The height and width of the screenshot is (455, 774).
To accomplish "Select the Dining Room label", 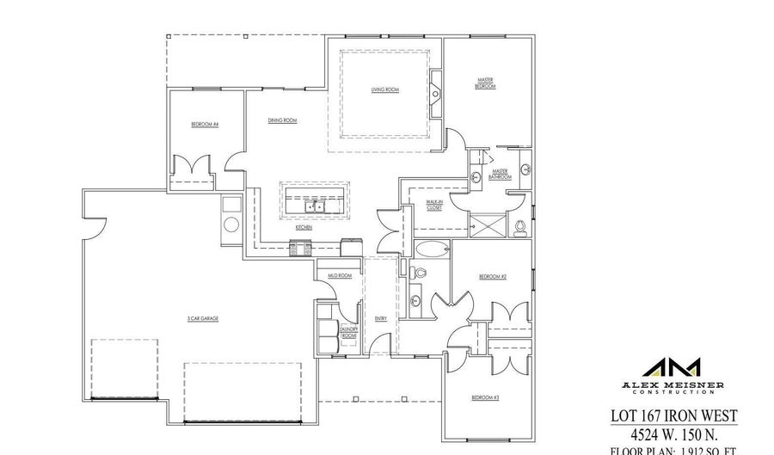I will [282, 121].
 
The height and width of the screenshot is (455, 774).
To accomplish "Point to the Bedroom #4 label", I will [205, 125].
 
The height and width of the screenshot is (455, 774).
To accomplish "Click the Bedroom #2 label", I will [493, 276].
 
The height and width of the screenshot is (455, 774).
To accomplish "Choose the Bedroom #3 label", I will [486, 397].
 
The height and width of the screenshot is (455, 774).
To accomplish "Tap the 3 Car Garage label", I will [203, 318].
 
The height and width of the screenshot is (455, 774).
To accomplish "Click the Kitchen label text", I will [304, 228].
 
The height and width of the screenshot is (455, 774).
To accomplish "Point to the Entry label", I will [381, 318].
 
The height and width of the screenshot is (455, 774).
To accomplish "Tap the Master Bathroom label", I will [502, 174].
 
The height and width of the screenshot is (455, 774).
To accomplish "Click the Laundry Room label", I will [347, 332].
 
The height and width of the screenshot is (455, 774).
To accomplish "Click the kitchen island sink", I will [315, 206].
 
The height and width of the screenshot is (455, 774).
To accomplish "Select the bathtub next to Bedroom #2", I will [431, 251].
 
